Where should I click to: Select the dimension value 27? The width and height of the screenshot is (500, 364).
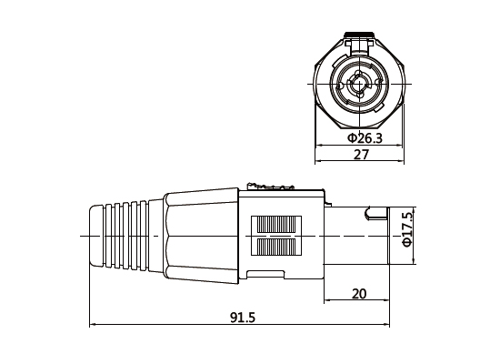click(360, 156)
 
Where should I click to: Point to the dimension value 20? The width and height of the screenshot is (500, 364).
click(359, 294)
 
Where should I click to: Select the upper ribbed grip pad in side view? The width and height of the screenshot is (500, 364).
click(280, 224)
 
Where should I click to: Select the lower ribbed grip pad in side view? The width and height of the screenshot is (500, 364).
click(280, 248)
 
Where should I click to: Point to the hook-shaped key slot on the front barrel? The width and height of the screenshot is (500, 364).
click(373, 216)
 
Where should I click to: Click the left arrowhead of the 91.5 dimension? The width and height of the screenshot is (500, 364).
click(93, 325)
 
